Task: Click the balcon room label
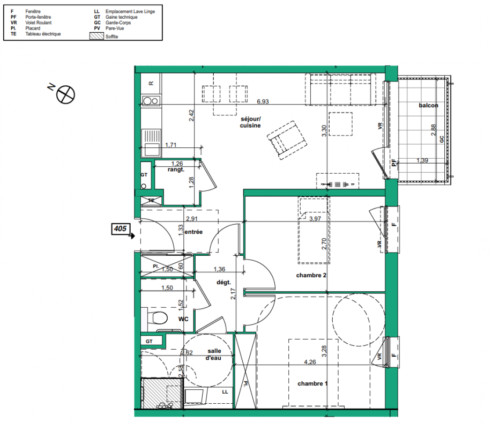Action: point(428,106)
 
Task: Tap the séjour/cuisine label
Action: point(250,122)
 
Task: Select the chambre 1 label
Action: point(312,383)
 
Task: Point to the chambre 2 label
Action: point(311,275)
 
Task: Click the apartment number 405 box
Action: point(121,228)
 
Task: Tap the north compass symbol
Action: point(65,94)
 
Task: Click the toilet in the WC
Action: point(159,318)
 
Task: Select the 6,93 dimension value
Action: point(263,101)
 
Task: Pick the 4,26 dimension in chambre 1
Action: point(310,362)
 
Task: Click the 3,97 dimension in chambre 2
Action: point(315,219)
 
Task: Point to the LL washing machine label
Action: point(225,392)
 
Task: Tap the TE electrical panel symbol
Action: point(151,201)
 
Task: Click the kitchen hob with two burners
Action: point(151,101)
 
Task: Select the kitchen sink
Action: point(151,143)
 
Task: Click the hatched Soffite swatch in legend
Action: point(96,36)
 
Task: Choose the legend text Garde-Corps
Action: point(118,23)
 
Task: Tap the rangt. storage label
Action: point(176,169)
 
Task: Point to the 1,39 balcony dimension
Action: point(422,160)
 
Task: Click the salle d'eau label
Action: point(214,354)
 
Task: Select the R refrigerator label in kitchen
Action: point(151,83)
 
